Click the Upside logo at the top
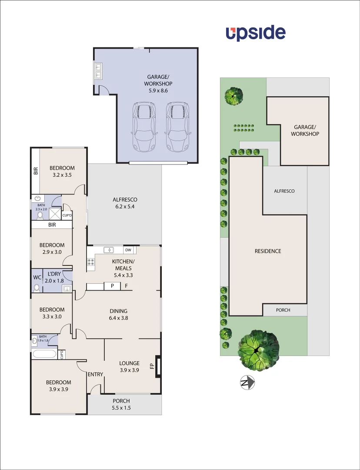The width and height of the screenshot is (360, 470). click(255, 33)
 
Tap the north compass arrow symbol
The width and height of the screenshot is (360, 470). click(247, 383)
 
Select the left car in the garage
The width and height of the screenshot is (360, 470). click(144, 127)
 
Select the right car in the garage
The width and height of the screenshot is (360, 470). click(177, 127)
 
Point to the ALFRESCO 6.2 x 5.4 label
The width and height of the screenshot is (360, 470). click(124, 203)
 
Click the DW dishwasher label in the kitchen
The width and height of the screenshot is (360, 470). click(128, 250)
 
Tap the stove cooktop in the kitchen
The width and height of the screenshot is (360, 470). click(91, 262)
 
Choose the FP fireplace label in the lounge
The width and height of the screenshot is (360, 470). click(152, 366)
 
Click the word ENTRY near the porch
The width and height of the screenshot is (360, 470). click(95, 375)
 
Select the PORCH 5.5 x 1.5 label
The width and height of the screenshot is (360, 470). click(121, 404)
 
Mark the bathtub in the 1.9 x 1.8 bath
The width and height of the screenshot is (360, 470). click(44, 353)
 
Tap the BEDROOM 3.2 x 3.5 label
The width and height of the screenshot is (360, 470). click(62, 171)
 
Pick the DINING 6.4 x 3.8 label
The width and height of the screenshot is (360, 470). click(118, 314)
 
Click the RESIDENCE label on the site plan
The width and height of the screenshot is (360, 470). click(268, 251)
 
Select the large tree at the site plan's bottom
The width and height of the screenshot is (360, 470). click(258, 350)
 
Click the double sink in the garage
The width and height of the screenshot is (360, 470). click(98, 71)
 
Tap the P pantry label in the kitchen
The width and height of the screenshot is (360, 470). click(112, 286)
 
